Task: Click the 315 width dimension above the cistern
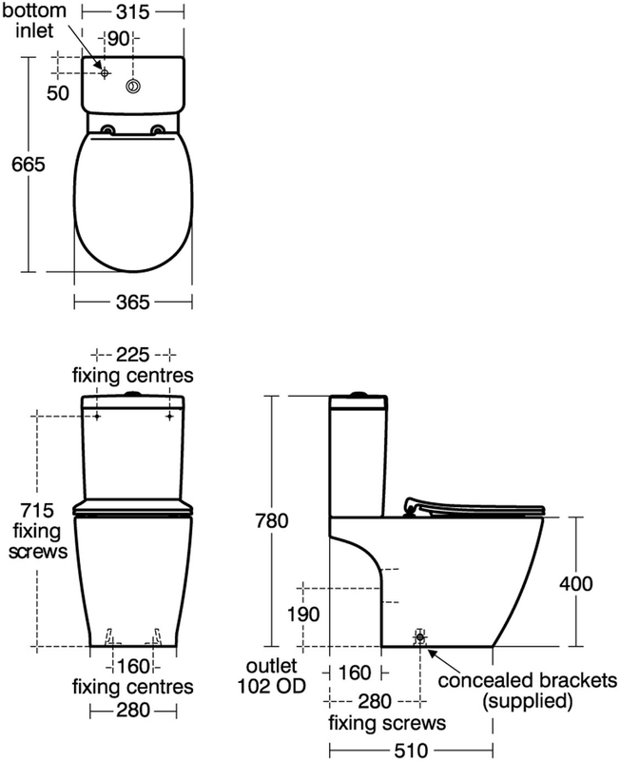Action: [x=133, y=13]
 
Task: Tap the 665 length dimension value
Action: [x=29, y=163]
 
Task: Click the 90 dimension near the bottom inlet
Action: [x=118, y=39]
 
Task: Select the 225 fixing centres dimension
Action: [x=133, y=354]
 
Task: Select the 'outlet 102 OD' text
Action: [x=274, y=674]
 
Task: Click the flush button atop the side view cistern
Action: [x=358, y=392]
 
